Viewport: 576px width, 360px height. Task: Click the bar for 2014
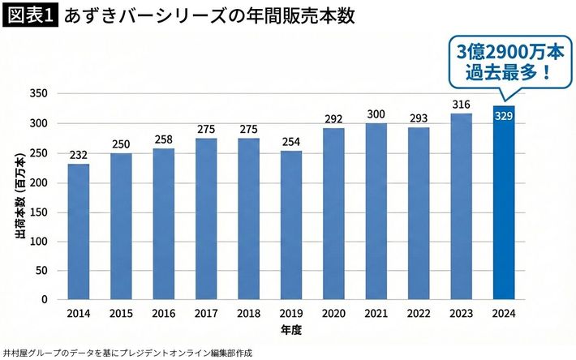click(79, 232)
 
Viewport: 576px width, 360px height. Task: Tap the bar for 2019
click(291, 225)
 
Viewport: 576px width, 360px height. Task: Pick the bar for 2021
click(376, 212)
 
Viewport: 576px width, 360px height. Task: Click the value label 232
click(79, 154)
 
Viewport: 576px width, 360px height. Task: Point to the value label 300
click(376, 114)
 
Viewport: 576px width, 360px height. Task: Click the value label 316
click(462, 105)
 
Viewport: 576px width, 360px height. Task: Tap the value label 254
click(291, 141)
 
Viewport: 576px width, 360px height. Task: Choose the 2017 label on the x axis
click(206, 313)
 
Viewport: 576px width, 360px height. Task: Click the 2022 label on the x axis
click(419, 313)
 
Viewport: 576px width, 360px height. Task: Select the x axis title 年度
click(291, 330)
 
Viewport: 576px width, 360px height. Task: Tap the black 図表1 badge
click(31, 16)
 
